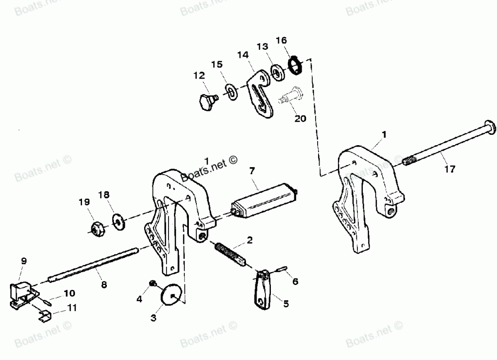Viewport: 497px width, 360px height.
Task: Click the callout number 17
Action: pos(449,169)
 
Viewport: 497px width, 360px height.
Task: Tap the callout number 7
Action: pos(252,171)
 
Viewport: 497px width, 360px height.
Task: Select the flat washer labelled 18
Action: pos(119,220)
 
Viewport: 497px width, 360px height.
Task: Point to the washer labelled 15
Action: pos(231,91)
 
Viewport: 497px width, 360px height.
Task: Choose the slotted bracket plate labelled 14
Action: pos(260,93)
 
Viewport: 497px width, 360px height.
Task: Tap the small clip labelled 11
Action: pos(44,315)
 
